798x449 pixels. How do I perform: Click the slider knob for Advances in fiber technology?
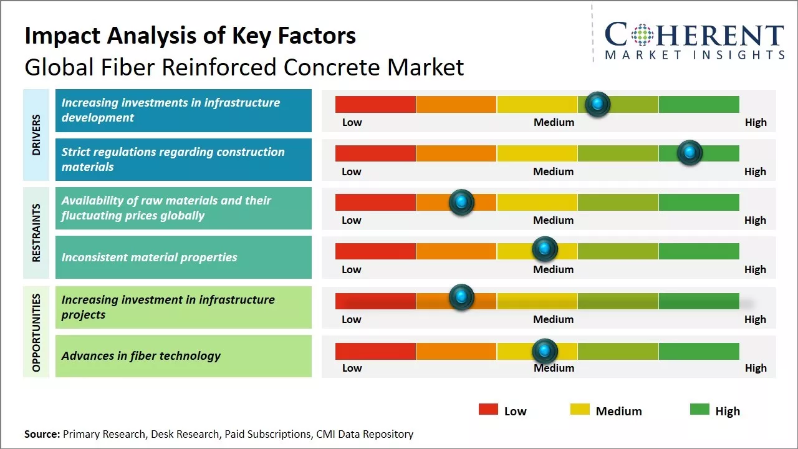(x=545, y=351)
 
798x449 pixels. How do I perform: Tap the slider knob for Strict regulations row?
(x=690, y=153)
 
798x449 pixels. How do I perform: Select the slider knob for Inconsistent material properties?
(x=545, y=249)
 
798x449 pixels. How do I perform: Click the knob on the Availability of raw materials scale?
(x=461, y=202)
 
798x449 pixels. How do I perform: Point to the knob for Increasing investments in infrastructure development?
(x=598, y=104)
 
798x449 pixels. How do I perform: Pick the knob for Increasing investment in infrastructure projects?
(x=461, y=297)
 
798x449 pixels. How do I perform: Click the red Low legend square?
(x=488, y=410)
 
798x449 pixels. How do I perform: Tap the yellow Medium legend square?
(x=580, y=410)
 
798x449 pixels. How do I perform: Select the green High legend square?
(x=699, y=410)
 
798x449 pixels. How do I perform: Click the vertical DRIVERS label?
(x=36, y=135)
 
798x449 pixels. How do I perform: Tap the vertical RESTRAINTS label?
(x=36, y=233)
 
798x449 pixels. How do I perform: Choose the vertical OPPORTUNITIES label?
(x=36, y=332)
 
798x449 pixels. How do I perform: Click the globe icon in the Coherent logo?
(x=642, y=35)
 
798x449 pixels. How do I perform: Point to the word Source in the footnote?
(x=42, y=434)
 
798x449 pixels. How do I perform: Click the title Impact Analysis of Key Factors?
(x=190, y=36)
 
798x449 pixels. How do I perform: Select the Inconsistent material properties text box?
(x=183, y=257)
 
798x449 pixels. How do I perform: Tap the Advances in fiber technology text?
(x=141, y=356)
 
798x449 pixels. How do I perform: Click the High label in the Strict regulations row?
(x=755, y=171)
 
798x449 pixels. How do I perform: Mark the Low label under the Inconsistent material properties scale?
(x=352, y=269)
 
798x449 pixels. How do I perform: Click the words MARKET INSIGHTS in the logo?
(x=695, y=56)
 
